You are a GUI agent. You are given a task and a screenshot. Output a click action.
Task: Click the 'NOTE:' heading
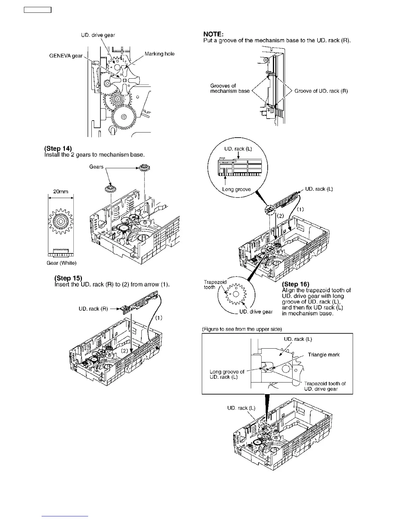[213, 34]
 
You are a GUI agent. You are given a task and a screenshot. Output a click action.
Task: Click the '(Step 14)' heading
[58, 148]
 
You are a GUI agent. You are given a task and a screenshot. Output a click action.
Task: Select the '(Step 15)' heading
[68, 278]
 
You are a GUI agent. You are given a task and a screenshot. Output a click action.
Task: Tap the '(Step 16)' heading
[296, 284]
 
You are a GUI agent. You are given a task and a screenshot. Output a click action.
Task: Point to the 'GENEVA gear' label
[66, 56]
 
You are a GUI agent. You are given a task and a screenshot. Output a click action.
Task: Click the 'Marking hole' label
[160, 54]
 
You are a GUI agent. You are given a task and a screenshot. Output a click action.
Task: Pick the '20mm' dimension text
[61, 191]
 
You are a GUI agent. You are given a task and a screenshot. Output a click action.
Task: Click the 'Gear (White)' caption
[61, 263]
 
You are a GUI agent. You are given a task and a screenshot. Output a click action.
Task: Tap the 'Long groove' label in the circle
[236, 189]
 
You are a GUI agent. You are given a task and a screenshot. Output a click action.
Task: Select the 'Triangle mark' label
[324, 355]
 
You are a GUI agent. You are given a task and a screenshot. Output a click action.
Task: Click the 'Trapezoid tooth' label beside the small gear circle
[215, 284]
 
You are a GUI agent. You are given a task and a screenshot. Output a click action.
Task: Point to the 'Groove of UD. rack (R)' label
[321, 91]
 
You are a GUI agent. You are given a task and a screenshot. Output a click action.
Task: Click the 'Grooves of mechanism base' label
[230, 88]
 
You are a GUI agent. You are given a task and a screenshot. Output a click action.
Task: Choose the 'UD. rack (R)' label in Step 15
[93, 309]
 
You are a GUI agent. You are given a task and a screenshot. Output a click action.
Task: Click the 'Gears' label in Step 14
[96, 167]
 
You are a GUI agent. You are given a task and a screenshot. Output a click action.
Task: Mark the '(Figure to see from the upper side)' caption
[242, 329]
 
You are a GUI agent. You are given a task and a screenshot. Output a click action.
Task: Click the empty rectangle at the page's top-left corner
[38, 10]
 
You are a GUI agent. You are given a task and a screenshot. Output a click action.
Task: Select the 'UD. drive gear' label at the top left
[98, 35]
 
